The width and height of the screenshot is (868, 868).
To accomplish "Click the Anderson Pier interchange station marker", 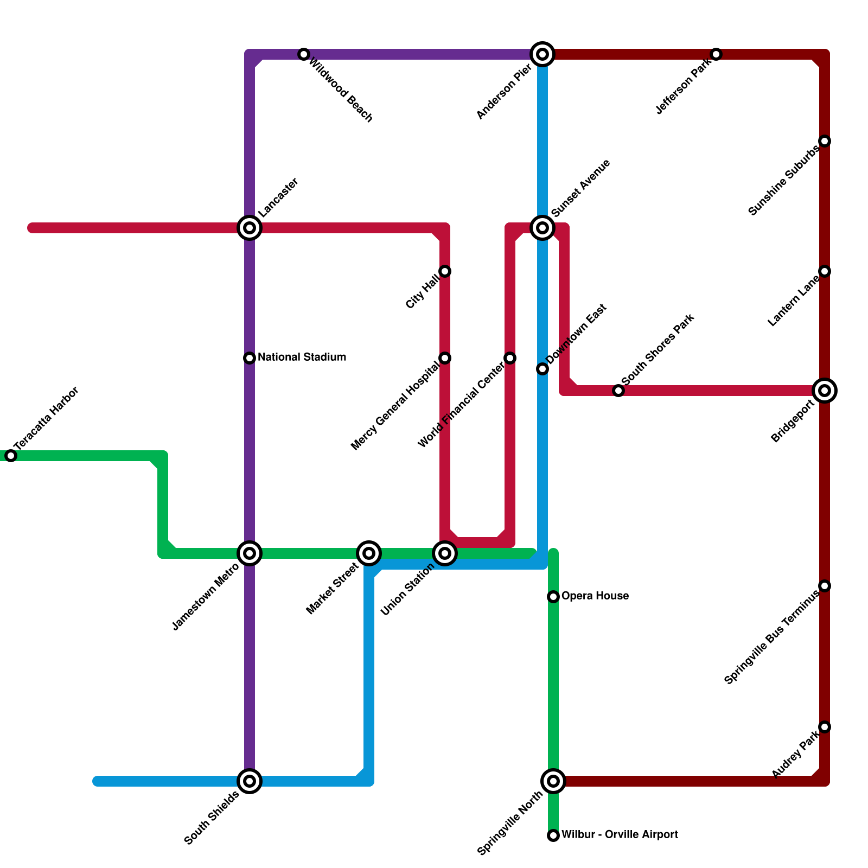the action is [542, 54].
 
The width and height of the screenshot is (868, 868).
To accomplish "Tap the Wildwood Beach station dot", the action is [304, 54].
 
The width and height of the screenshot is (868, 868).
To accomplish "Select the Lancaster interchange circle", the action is [250, 228].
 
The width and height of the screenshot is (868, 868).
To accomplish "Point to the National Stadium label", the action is [302, 358].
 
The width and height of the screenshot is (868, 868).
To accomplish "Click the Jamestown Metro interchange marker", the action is [250, 553].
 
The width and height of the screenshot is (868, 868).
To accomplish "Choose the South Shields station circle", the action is [250, 781].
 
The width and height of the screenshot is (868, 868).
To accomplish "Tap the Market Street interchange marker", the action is [369, 553].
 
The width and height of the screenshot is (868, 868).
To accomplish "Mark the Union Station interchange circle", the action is [445, 553].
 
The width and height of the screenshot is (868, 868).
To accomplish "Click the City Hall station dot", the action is [445, 271].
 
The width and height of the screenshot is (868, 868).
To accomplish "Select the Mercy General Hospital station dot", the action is [445, 358].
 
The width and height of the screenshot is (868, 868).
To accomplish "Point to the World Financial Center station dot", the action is [510, 358].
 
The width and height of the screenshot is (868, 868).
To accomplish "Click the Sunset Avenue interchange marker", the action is [542, 228].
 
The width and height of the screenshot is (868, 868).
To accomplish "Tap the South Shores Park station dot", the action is [618, 391].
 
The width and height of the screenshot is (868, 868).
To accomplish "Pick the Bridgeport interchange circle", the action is [825, 391].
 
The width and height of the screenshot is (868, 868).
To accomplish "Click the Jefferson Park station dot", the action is [716, 54].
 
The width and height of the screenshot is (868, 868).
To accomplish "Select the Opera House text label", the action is [595, 596].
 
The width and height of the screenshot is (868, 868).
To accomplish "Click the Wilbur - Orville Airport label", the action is [619, 835].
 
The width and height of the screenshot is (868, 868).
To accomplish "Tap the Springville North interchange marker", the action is [553, 781].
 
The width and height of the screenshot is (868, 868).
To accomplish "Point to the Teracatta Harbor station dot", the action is [11, 456].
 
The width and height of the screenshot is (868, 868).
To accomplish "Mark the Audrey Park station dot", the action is [825, 727].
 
